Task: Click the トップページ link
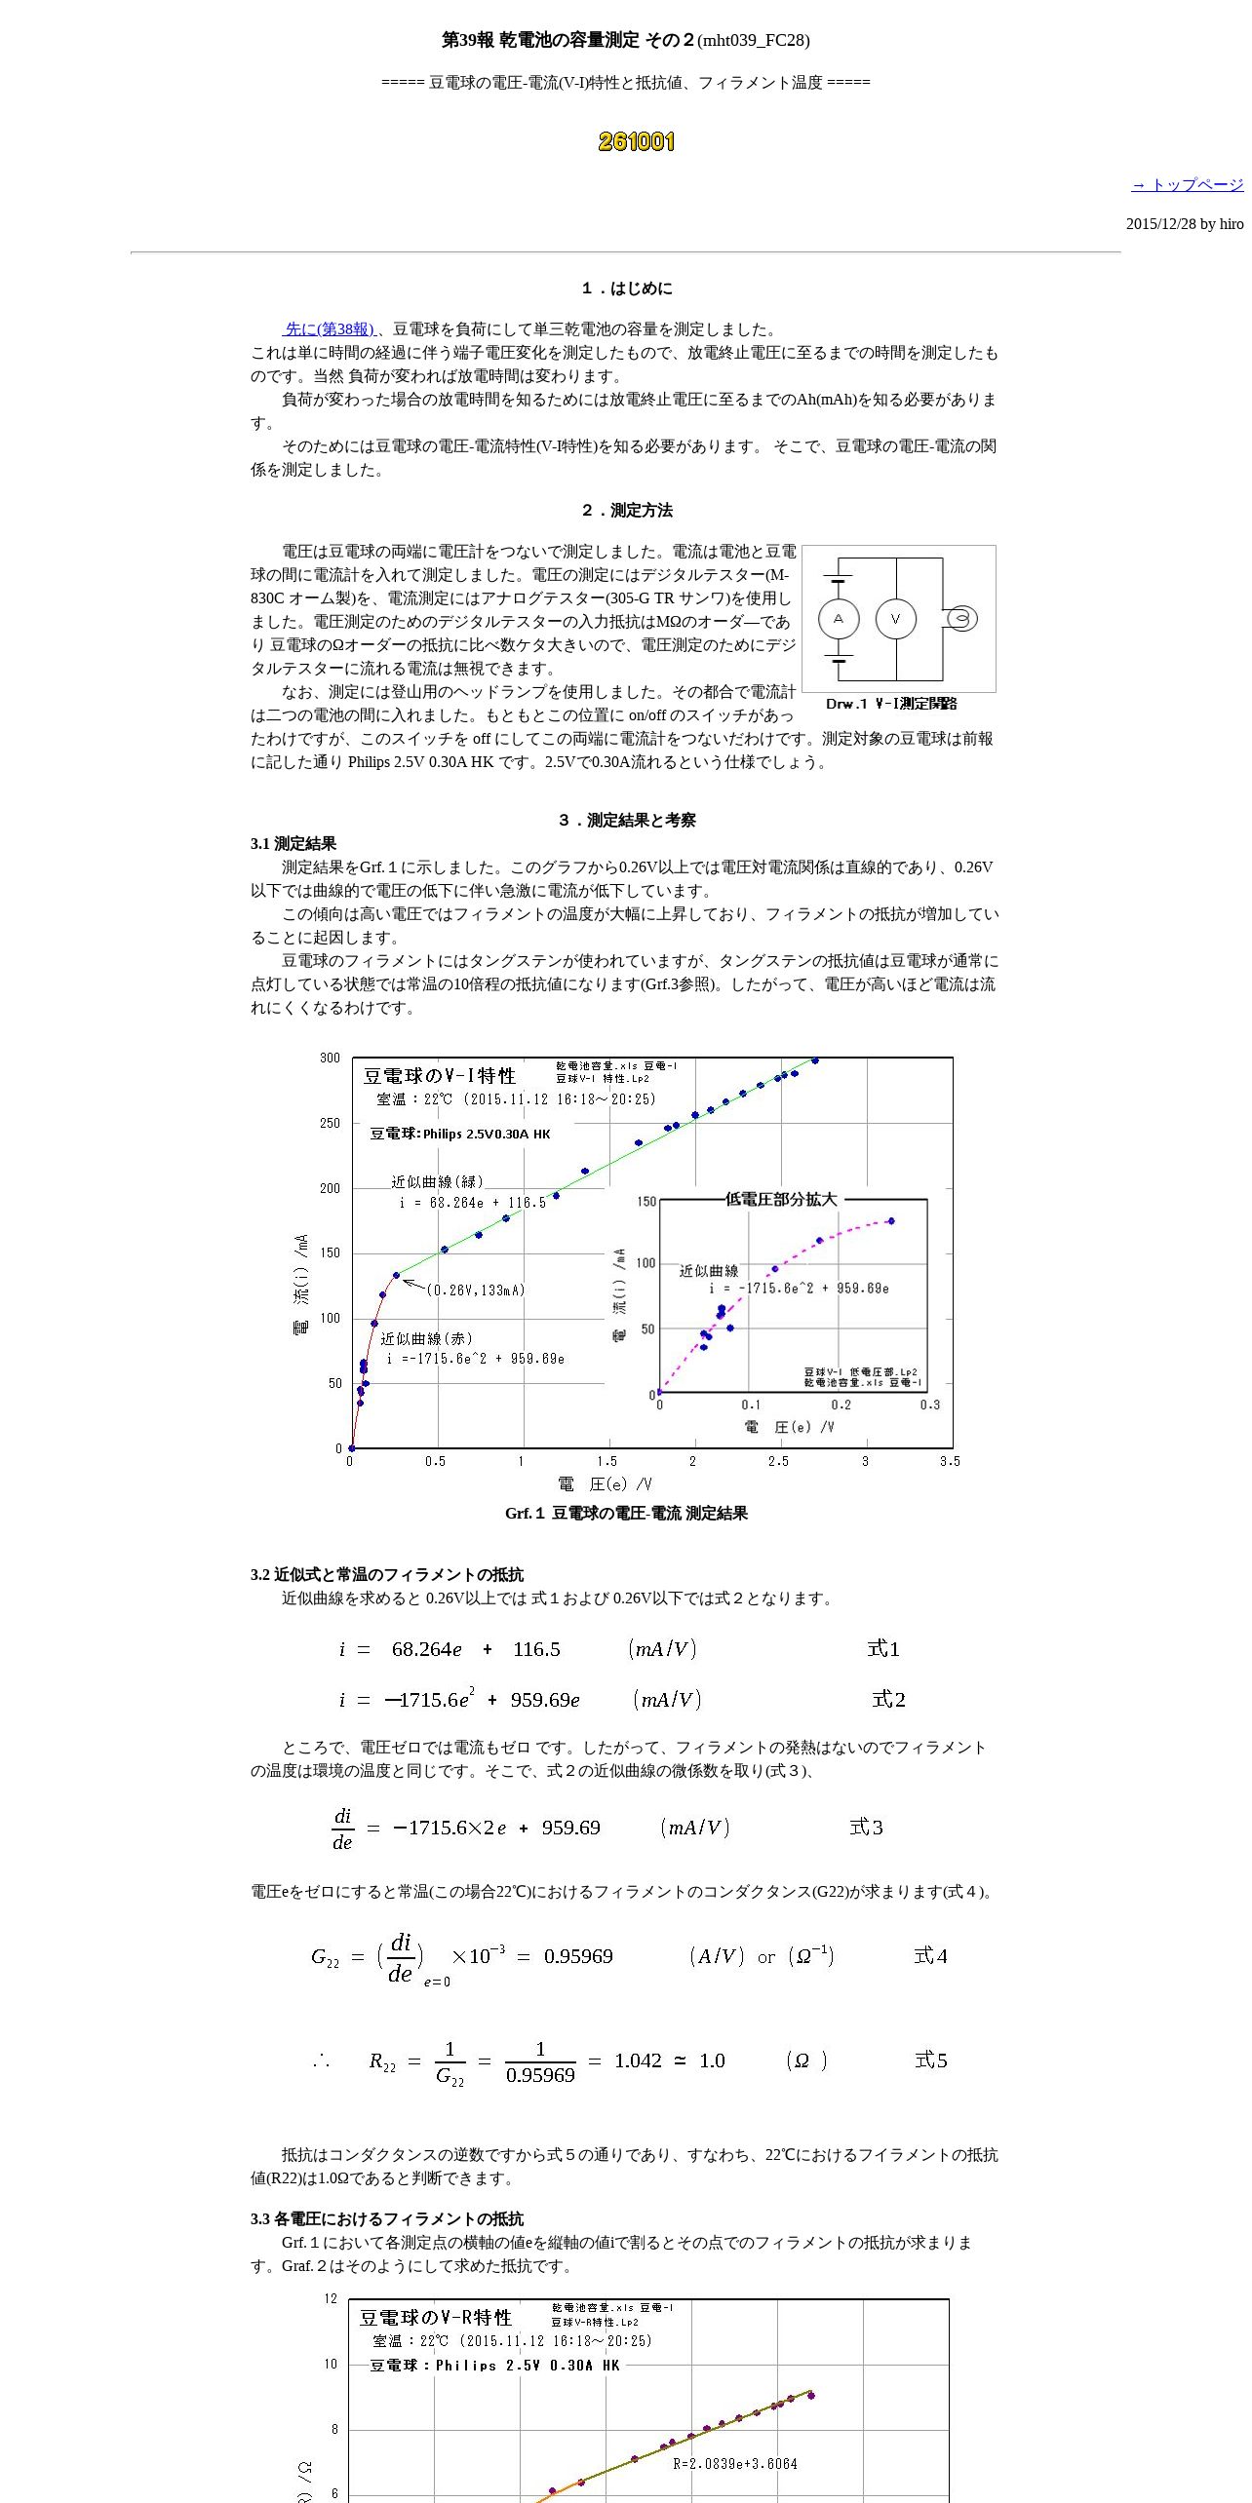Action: pos(1187,184)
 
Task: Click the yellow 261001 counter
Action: pos(636,142)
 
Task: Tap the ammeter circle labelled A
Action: pos(839,619)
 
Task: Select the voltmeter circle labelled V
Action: pos(896,619)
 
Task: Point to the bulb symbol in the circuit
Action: pos(961,619)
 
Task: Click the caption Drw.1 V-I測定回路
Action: pos(891,704)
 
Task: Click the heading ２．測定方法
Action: pos(626,510)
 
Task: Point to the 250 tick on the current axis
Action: pos(331,1123)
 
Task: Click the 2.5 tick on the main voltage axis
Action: pos(778,1461)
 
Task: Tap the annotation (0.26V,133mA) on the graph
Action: pos(475,1290)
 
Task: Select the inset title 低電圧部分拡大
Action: pos(781,1199)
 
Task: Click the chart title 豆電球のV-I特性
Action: pos(440,1076)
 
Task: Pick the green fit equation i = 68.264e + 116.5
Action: pos(472,1203)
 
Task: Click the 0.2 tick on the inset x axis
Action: pos(841,1405)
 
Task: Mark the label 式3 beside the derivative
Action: pos(866,1827)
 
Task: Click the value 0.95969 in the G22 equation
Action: pos(578,1956)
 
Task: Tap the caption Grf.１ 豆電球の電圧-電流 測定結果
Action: pos(626,1513)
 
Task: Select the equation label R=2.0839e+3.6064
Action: pos(735,2463)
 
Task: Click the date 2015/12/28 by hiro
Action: pos(1185,224)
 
